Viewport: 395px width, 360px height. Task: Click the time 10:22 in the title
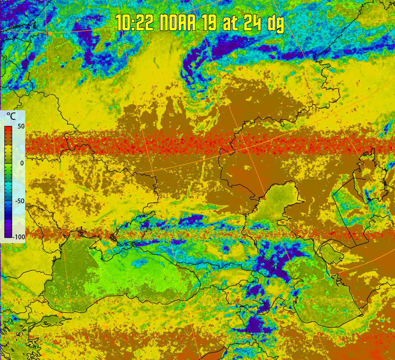pos(135,22)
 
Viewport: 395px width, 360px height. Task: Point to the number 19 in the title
pos(210,22)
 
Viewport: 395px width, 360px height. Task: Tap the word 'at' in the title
pos(231,22)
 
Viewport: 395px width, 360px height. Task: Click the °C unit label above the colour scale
pos(10,116)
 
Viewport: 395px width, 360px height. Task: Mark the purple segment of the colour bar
pos(8,228)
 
